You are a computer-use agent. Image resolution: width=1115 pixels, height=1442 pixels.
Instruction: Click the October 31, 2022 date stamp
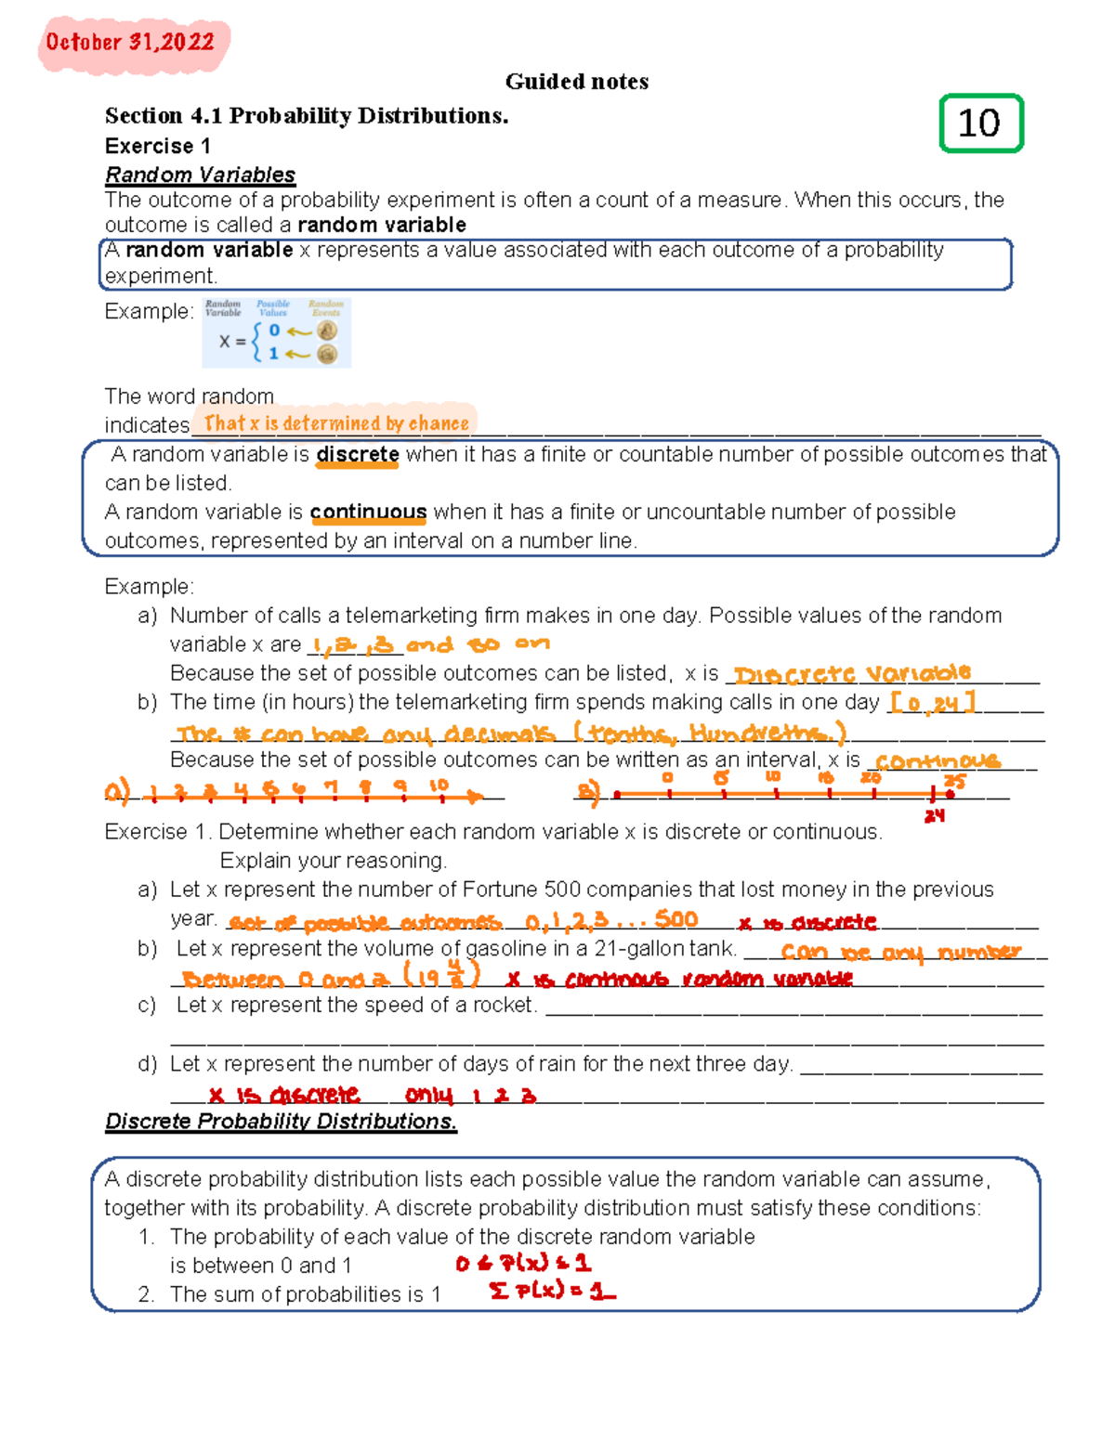coord(131,43)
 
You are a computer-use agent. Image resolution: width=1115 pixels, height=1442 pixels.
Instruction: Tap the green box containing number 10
coord(980,123)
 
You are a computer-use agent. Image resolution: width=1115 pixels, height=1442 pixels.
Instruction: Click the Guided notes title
coord(576,82)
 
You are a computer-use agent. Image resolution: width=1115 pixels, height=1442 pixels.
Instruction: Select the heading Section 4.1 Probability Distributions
coord(307,116)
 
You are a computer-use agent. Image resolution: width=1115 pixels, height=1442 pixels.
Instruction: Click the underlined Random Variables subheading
coord(200,175)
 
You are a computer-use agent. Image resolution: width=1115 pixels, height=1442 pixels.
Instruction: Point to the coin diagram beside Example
coord(277,332)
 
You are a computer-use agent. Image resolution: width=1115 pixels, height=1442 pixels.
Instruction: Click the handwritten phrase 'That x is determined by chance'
coord(336,423)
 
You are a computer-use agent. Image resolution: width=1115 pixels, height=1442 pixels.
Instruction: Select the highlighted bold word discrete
coord(358,455)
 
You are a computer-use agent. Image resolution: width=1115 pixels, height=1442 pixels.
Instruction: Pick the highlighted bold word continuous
coord(368,513)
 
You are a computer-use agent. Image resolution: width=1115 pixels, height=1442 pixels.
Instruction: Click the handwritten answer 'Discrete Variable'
coord(852,673)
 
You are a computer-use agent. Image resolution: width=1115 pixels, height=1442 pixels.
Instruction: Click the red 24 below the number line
coord(934,816)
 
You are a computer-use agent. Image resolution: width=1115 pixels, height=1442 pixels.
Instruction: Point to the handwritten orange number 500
coord(676,919)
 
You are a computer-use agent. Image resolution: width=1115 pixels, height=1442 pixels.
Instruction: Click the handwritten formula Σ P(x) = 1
coord(552,1291)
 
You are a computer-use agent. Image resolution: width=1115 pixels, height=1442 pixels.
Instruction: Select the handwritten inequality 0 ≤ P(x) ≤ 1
coord(523,1263)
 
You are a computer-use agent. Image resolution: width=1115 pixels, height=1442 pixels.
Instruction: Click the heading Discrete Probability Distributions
coord(281,1122)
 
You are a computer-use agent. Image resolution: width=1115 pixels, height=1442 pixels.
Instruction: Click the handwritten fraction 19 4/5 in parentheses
coord(441,975)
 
